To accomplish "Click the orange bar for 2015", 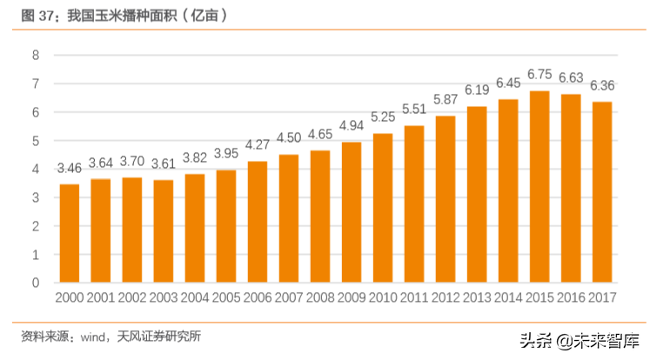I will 539,187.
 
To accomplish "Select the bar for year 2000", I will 70,233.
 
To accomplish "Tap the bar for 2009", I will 352,212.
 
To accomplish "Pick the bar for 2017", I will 602,192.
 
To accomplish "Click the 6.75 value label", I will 539,75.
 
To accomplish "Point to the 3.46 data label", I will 70,168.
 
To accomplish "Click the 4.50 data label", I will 289,137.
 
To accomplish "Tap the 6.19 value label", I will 477,90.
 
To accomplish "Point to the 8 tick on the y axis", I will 36,56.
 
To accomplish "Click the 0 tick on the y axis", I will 36,283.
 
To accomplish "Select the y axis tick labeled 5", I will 36,141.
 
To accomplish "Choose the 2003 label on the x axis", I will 164,298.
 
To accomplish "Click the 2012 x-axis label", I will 446,298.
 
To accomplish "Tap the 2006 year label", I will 258,298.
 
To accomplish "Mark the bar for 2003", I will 164,231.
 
